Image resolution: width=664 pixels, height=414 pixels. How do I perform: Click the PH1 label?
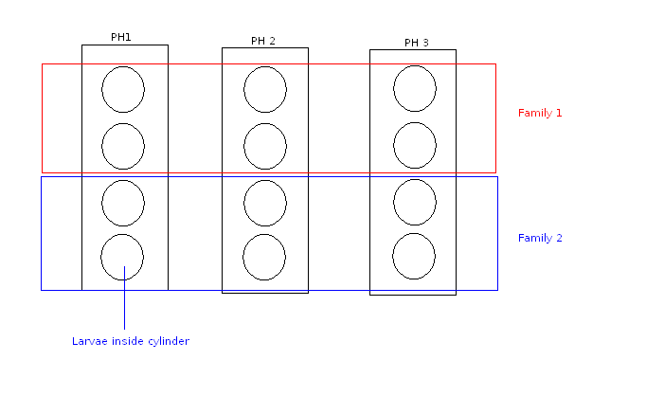[121, 38]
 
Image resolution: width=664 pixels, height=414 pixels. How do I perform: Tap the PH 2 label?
[263, 41]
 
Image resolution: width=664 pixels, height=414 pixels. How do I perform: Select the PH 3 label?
[416, 43]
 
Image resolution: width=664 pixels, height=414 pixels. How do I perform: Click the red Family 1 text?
[540, 113]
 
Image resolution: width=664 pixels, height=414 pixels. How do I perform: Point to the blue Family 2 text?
[540, 238]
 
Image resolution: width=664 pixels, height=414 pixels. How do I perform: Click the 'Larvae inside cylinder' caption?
[131, 341]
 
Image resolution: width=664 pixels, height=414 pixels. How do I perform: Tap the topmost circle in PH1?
[123, 90]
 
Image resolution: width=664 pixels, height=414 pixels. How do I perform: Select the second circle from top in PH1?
[123, 146]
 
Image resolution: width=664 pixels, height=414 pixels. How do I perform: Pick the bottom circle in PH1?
[122, 257]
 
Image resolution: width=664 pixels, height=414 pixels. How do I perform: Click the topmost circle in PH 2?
[265, 90]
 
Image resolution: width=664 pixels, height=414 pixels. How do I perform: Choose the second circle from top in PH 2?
[265, 146]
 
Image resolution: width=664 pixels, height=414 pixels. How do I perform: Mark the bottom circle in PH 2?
[264, 257]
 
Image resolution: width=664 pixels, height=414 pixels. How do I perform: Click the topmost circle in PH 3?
[415, 88]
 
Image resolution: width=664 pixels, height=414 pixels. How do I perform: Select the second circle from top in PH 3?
[415, 145]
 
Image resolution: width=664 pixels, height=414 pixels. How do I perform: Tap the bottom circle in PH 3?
[414, 256]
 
